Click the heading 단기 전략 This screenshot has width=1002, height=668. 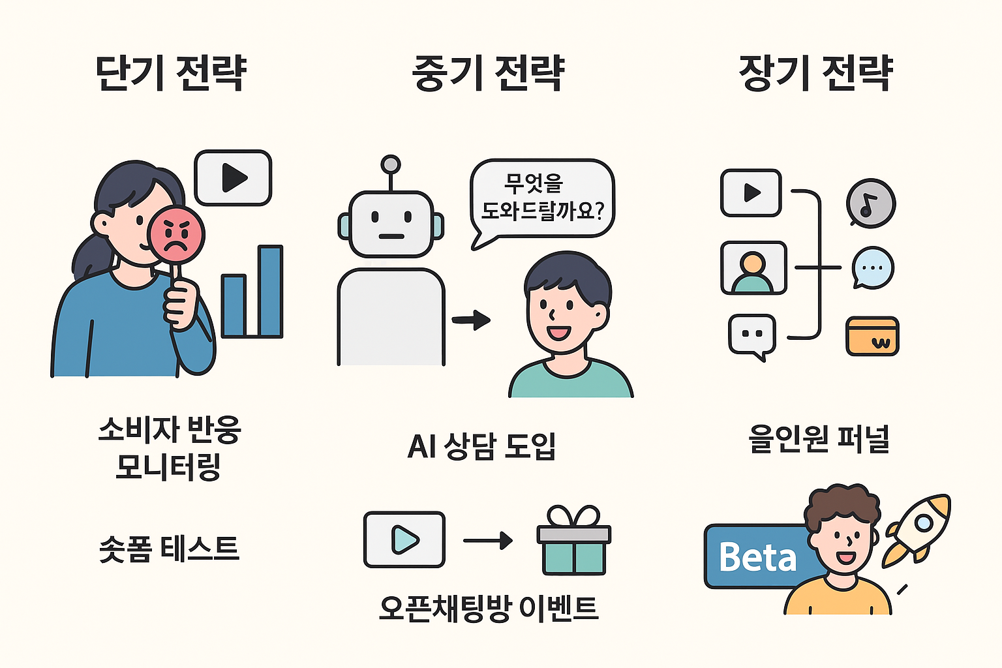pyautogui.click(x=171, y=72)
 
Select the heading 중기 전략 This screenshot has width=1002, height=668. pyautogui.click(x=488, y=72)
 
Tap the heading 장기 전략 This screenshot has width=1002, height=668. pyautogui.click(x=815, y=72)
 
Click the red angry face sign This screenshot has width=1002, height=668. pyautogui.click(x=176, y=235)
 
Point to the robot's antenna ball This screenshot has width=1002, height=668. pyautogui.click(x=391, y=163)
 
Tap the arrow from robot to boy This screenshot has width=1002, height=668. pyautogui.click(x=471, y=320)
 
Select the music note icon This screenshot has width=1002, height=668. pyautogui.click(x=870, y=203)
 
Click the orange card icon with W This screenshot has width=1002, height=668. pyautogui.click(x=872, y=336)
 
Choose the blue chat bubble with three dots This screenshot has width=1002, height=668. pyautogui.click(x=873, y=267)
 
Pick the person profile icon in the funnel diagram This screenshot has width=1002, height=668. pyautogui.click(x=753, y=268)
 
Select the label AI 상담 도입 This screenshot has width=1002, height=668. pyautogui.click(x=481, y=446)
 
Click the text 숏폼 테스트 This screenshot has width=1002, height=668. pyautogui.click(x=169, y=548)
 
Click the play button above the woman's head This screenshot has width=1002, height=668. pyautogui.click(x=233, y=177)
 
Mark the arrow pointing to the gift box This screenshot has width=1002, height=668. pyautogui.click(x=487, y=541)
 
